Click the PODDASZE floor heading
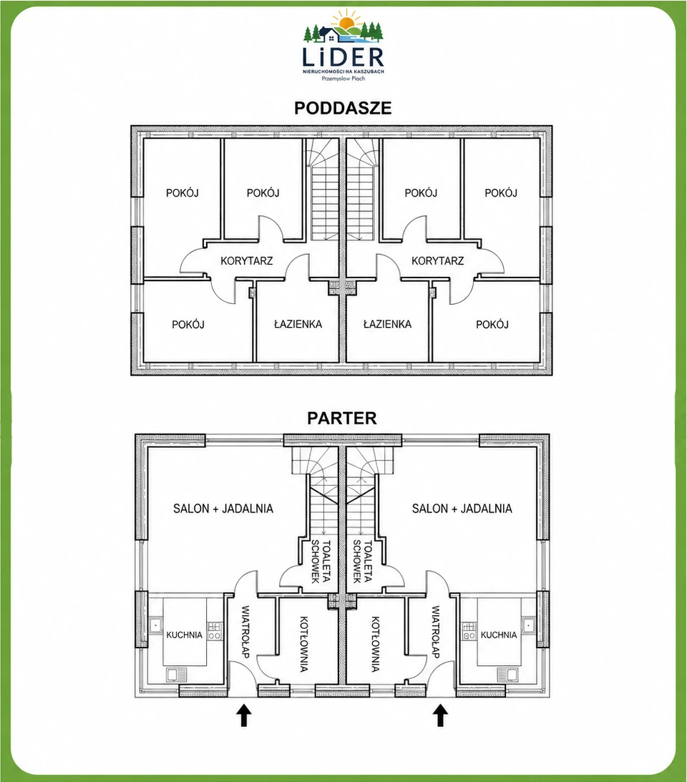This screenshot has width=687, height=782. point(343,108)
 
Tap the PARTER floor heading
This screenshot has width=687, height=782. point(342,418)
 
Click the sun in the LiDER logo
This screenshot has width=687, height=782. point(345,22)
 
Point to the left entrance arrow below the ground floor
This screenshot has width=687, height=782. point(243,715)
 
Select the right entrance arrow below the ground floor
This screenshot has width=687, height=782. point(439,715)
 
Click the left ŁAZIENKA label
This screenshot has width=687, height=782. point(298,324)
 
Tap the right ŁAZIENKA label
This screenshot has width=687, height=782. point(387,324)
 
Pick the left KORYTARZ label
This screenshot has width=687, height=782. point(246,260)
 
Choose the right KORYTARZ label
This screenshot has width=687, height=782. point(437,260)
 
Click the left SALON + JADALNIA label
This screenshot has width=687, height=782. point(223,509)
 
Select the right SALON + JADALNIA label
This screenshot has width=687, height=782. point(462,509)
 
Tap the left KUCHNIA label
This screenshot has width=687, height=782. point(184,635)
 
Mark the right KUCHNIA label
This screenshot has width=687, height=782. point(498,635)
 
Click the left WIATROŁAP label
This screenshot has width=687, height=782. point(245,632)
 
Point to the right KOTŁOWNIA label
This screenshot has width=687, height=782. point(375,645)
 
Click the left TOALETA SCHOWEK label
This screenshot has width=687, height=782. point(321,561)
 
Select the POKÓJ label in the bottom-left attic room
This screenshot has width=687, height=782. point(188,325)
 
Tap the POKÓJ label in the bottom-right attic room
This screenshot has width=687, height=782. point(492,325)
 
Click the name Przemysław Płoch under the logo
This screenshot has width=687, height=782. point(343,78)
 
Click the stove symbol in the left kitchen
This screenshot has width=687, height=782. point(215,631)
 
